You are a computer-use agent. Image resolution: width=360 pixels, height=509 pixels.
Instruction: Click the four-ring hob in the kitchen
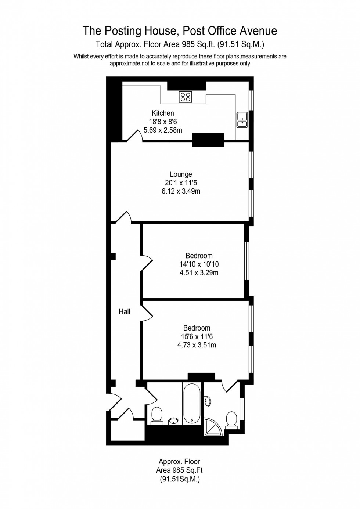[185, 97]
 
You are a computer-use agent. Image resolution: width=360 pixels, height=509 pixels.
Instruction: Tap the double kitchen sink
[242, 120]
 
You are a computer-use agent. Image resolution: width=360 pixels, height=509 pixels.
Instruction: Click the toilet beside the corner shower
[231, 419]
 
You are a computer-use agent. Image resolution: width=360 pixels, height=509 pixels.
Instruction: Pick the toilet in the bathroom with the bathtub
[157, 415]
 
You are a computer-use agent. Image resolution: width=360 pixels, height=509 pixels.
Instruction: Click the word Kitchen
[163, 113]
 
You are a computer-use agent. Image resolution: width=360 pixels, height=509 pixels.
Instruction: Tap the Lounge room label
[181, 174]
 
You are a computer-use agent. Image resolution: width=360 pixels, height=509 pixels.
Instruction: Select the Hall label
[125, 312]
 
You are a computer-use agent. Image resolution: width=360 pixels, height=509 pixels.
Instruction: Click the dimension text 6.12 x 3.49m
[181, 191]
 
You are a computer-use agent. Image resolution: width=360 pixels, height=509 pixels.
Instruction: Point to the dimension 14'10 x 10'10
[199, 264]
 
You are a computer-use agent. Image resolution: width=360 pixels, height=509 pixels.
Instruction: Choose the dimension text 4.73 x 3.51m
[197, 345]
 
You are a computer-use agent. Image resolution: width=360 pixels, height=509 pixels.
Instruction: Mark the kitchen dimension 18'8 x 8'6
[163, 122]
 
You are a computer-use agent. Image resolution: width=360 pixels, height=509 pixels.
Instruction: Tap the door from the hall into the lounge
[124, 217]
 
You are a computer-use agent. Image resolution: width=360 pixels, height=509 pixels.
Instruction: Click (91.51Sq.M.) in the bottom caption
[180, 479]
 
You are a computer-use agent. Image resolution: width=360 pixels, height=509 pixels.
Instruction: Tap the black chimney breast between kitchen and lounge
[208, 140]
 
